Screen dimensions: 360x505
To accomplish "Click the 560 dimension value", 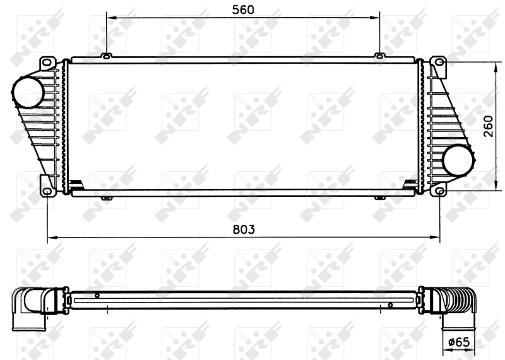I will (x=243, y=9).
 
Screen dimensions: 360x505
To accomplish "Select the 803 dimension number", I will (x=243, y=229).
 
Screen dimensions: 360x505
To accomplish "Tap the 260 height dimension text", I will (x=487, y=126).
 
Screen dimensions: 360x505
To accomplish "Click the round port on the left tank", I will (x=27, y=93).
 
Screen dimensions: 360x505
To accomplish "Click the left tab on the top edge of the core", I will (x=107, y=57).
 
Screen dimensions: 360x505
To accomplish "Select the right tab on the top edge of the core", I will (x=379, y=57).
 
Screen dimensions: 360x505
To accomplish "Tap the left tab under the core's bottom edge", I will (x=107, y=198).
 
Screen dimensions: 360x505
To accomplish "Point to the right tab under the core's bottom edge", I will (x=379, y=198).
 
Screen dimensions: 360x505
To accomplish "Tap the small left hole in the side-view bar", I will (x=97, y=295).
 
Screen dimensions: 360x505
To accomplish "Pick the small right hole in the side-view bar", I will (x=390, y=306).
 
